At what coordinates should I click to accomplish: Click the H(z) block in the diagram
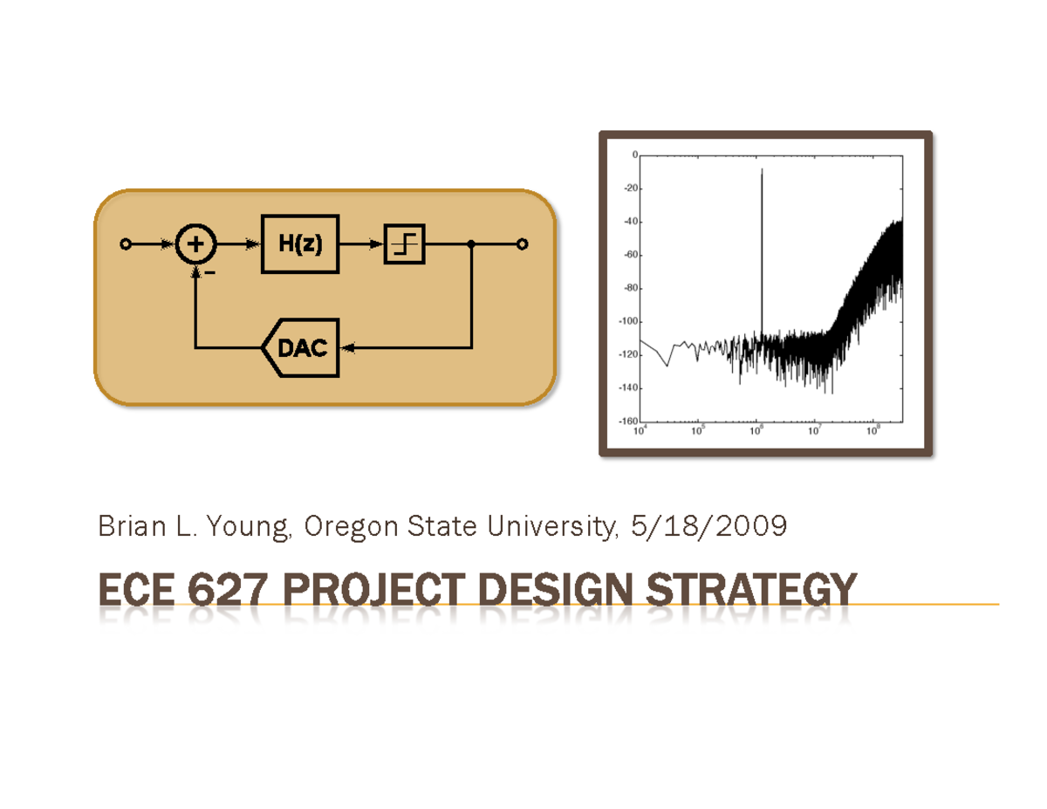[x=299, y=244]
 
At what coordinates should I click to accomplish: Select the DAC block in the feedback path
[x=302, y=348]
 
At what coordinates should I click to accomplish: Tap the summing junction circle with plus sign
[x=197, y=244]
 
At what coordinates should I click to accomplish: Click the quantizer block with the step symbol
[x=405, y=244]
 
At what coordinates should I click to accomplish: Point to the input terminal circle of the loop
[x=126, y=244]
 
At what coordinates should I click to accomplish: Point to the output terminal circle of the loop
[x=523, y=244]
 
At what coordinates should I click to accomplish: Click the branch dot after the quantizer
[x=471, y=244]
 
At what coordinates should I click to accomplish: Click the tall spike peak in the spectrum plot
[x=762, y=170]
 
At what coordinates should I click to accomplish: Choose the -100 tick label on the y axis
[x=626, y=321]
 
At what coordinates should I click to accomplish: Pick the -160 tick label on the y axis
[x=626, y=421]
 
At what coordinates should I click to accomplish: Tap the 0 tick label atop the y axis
[x=634, y=154]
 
